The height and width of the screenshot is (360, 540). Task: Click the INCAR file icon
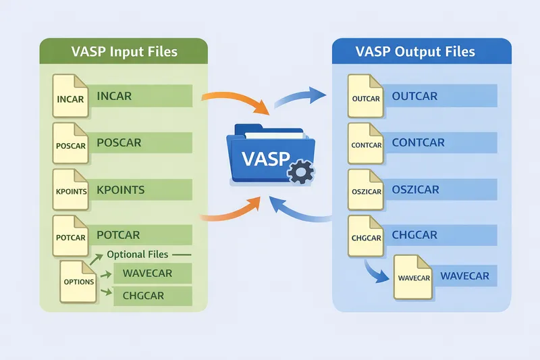71,97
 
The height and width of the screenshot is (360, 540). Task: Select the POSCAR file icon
71,143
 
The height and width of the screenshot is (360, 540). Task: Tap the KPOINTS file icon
71,189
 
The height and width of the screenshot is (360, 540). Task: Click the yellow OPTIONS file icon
78,280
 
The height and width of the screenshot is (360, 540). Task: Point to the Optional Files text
138,255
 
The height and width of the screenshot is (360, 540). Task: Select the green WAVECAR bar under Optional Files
153,274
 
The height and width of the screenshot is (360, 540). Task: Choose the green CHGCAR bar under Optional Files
153,295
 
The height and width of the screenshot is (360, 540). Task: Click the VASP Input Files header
123,52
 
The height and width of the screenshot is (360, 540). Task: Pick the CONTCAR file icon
367,143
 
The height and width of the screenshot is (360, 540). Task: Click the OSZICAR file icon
367,190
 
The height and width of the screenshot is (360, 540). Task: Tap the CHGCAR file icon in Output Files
367,236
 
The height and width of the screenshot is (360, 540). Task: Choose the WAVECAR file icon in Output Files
413,276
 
